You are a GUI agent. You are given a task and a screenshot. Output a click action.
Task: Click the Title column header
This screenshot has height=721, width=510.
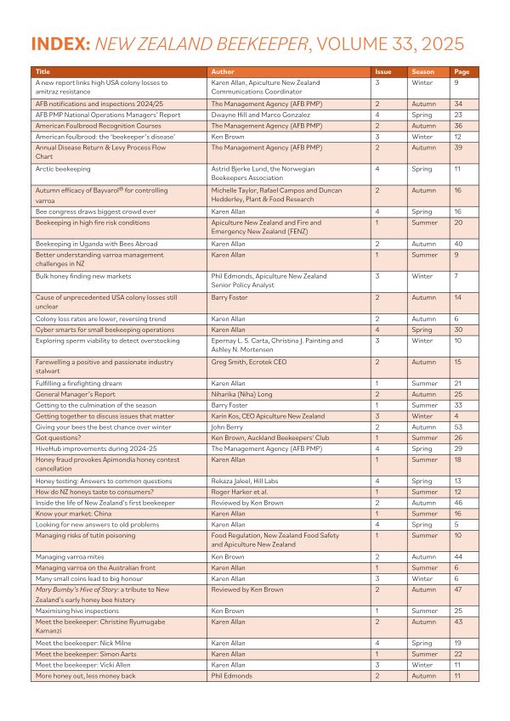pyautogui.click(x=42, y=72)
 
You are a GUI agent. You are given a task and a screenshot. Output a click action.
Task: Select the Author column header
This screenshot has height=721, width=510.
pyautogui.click(x=221, y=72)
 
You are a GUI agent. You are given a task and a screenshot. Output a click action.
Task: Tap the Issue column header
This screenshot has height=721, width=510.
pyautogui.click(x=383, y=72)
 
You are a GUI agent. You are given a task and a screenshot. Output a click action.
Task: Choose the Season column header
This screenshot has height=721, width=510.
pyautogui.click(x=423, y=72)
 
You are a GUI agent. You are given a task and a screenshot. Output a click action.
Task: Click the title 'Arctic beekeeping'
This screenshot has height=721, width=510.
pyautogui.click(x=64, y=169)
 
